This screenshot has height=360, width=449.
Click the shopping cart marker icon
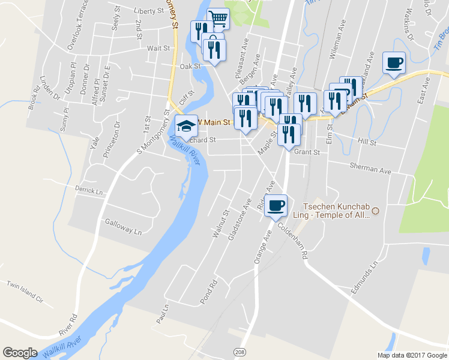218,19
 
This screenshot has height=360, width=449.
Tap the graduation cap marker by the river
187,125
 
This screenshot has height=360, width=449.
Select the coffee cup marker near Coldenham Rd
276,205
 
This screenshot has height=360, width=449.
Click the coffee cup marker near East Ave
394,62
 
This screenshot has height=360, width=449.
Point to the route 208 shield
241,350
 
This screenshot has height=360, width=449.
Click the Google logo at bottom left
20,353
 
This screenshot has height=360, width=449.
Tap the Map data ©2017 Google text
412,355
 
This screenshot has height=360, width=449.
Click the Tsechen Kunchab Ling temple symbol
376,211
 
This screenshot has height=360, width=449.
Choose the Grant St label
307,152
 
